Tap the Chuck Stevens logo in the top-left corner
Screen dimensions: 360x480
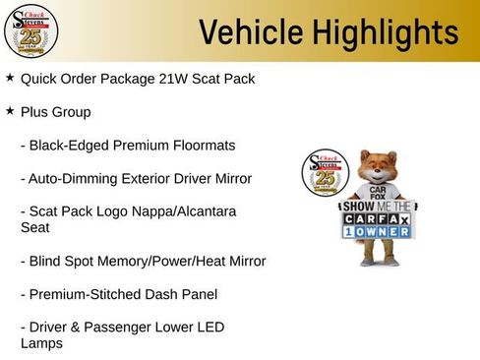(x=30, y=30)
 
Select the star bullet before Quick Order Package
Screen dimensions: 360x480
(x=10, y=77)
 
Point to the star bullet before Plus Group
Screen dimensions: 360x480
(x=10, y=110)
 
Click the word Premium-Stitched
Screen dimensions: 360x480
(x=86, y=294)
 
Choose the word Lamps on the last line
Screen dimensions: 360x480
(x=40, y=343)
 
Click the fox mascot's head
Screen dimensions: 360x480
(x=379, y=167)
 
